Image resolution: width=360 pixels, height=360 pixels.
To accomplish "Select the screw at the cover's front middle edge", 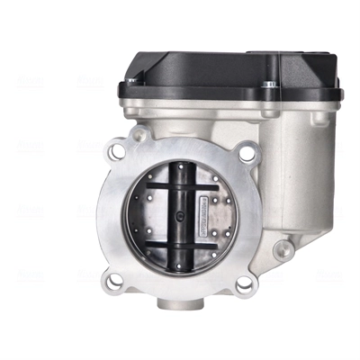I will (266, 87).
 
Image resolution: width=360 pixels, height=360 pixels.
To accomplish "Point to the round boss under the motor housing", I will (284, 247).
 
